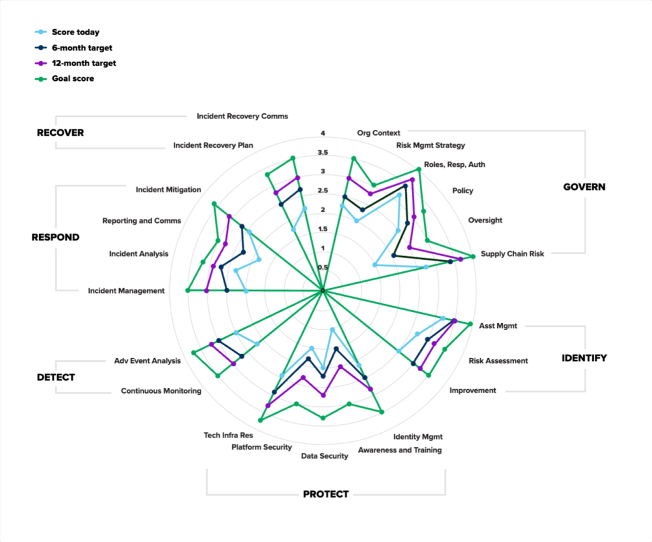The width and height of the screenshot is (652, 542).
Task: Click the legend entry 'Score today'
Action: point(75,32)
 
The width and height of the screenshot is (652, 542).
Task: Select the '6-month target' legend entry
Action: point(81,48)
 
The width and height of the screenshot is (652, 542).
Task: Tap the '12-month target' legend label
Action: point(83,64)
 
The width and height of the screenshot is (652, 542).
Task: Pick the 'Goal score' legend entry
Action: point(73,79)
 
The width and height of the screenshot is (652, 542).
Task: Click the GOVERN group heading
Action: point(584,187)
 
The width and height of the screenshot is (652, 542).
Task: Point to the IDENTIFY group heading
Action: point(584,358)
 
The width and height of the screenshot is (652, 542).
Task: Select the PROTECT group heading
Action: point(325,494)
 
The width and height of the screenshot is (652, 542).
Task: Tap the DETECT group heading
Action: point(55,377)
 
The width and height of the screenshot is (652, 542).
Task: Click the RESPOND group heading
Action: point(55,238)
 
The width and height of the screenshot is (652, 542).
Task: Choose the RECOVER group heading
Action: point(60,133)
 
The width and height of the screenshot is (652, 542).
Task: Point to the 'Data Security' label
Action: point(325,456)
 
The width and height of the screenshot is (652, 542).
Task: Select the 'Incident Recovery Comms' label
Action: point(242,117)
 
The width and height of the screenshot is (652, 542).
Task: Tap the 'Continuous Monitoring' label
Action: point(161,391)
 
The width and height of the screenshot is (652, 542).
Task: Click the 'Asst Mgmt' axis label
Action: point(498,326)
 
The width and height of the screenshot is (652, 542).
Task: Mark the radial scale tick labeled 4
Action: point(323,134)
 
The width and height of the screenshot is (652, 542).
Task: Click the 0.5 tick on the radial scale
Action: point(323,267)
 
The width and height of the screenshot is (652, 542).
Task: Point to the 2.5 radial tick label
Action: point(323,191)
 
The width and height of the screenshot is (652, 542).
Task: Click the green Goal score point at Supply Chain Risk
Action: point(473,257)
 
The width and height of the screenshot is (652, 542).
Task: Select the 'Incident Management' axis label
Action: point(126,291)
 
